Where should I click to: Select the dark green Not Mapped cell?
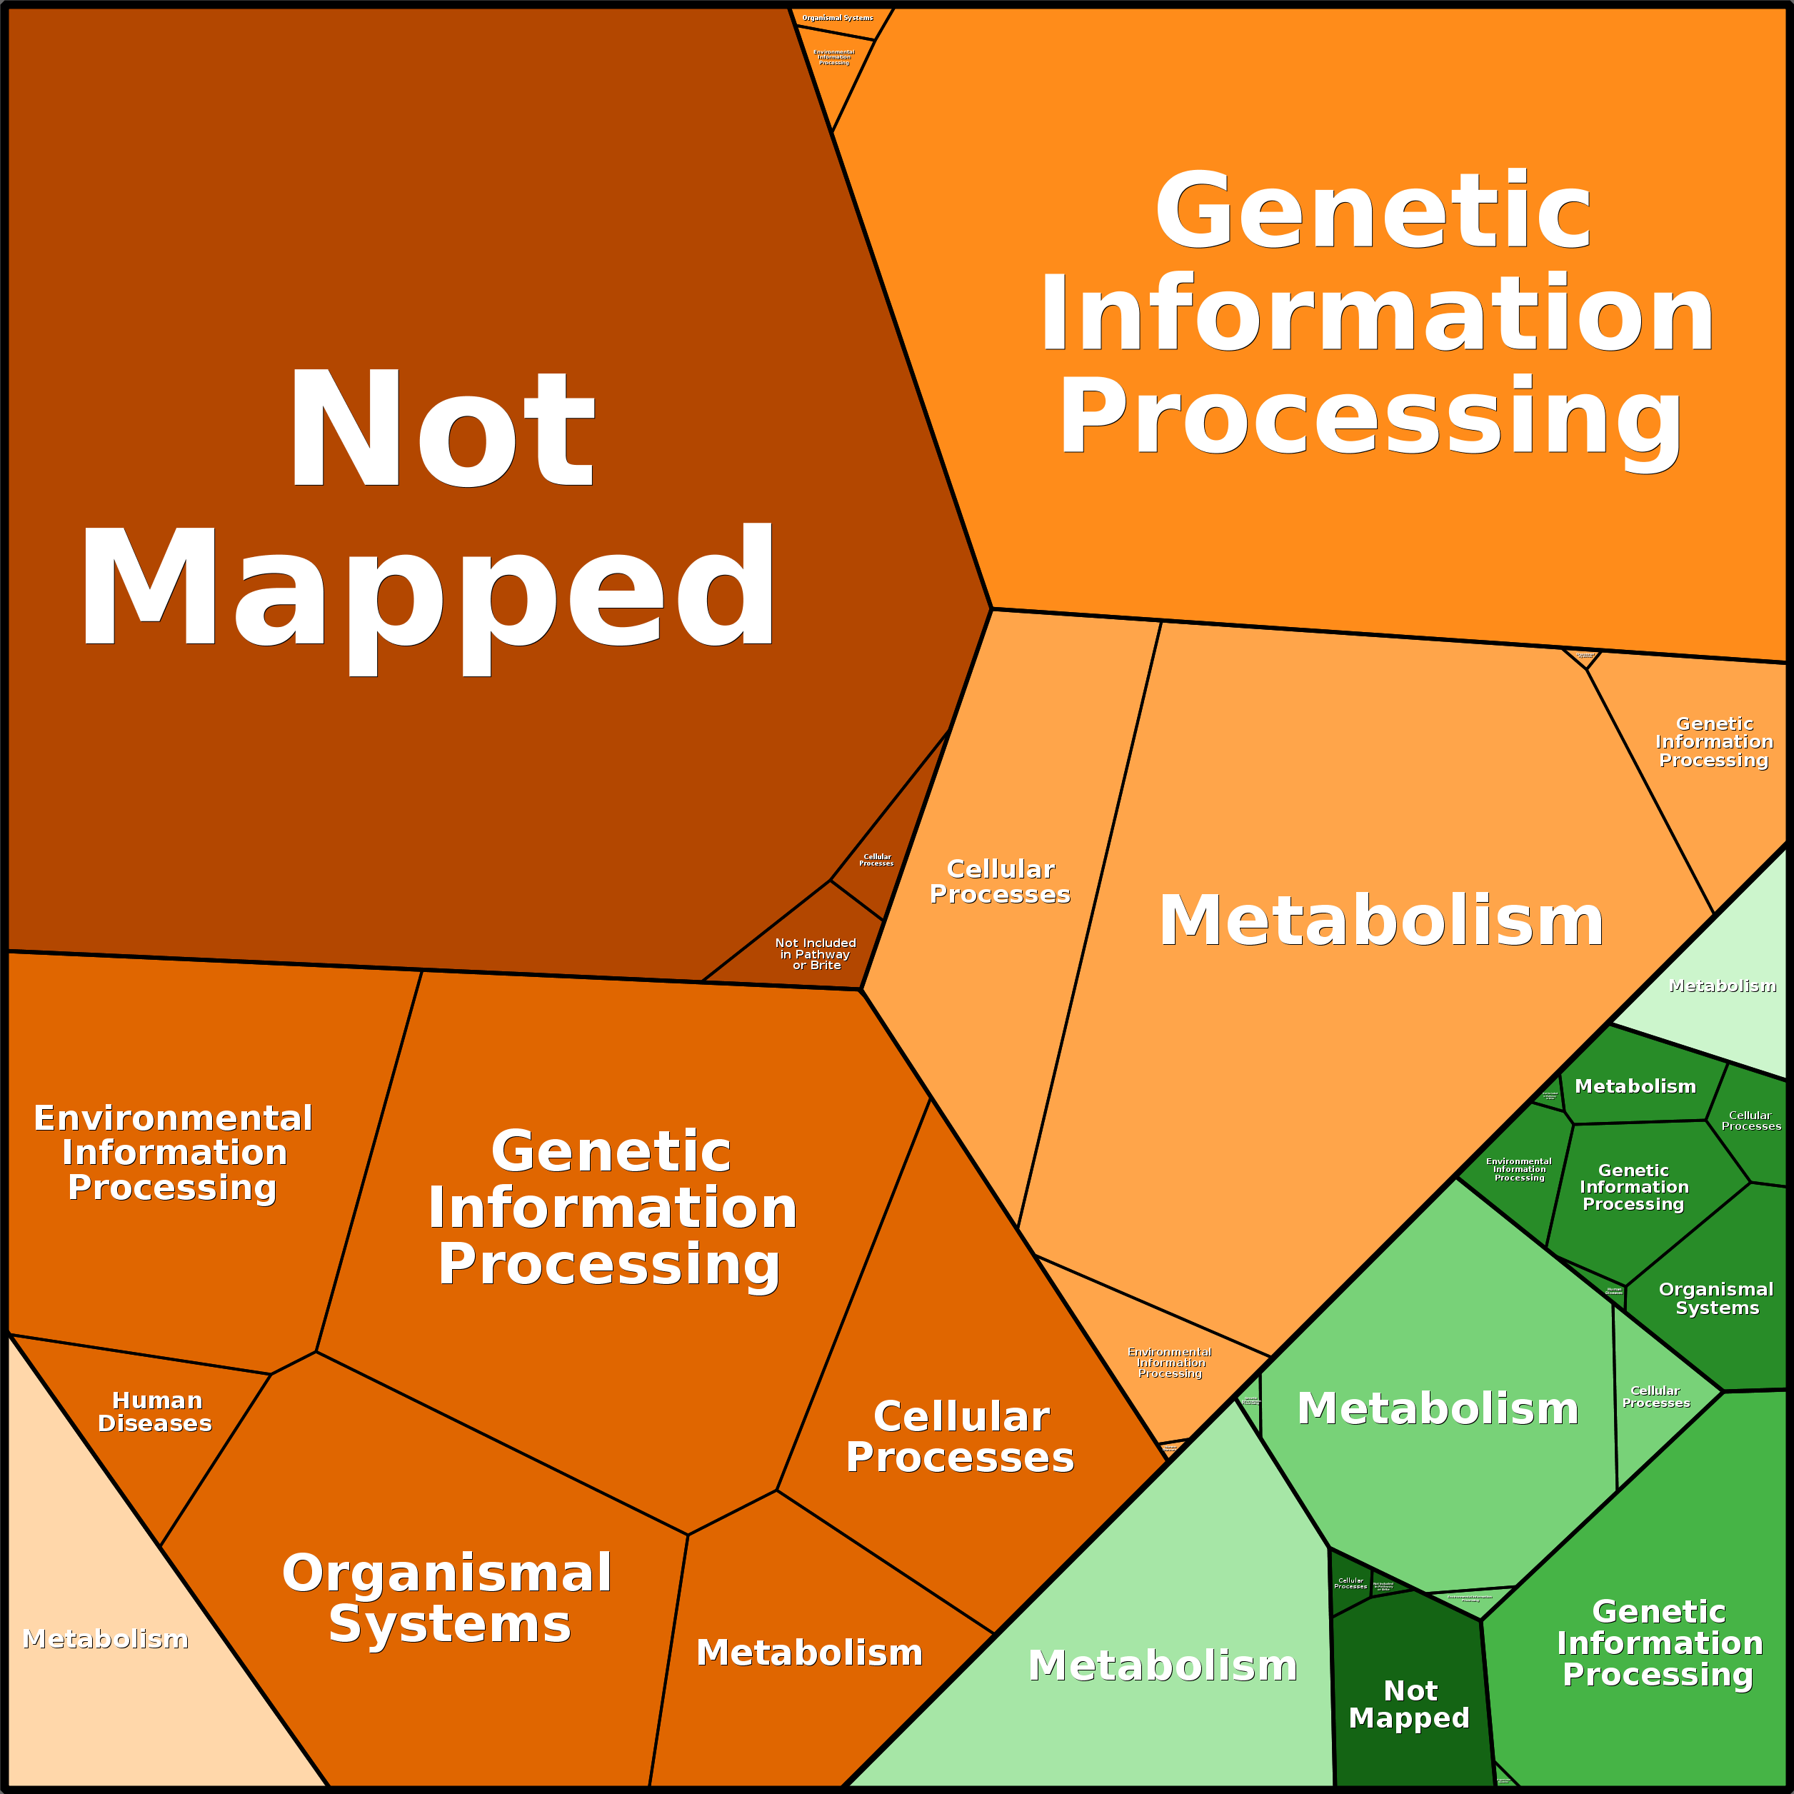coord(1408,1704)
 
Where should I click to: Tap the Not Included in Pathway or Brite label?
coord(816,953)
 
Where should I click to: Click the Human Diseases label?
coord(156,1411)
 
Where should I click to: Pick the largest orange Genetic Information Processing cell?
coord(1374,316)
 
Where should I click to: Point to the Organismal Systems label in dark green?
coord(1716,1298)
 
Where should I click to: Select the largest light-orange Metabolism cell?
coord(1374,928)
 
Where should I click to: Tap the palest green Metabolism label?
coord(1723,986)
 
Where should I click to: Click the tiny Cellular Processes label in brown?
coord(876,860)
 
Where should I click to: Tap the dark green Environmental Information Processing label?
coord(1519,1169)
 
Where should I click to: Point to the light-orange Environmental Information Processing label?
coord(1170,1362)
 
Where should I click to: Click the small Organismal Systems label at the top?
coord(838,18)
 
